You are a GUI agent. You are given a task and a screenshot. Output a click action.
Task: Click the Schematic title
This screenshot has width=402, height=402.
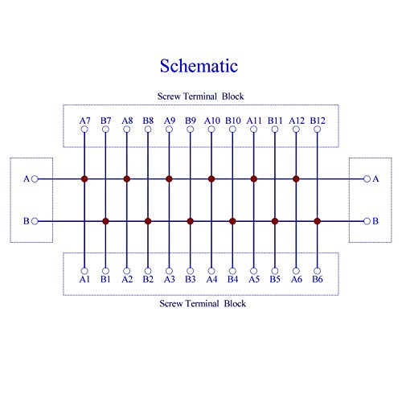199,66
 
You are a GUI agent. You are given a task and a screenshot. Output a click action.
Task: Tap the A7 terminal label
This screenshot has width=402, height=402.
84,121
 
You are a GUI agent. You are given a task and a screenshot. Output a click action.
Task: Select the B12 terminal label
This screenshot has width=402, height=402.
318,121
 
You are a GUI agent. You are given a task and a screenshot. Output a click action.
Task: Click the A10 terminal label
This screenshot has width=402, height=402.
212,121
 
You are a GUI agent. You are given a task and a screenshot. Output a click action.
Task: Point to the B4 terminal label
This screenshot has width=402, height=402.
232,279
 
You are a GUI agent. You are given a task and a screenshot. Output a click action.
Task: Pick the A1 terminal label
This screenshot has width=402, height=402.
84,279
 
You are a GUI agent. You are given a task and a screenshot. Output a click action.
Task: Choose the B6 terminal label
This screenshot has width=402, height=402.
318,279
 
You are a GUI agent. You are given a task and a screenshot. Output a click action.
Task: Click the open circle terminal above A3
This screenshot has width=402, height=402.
169,271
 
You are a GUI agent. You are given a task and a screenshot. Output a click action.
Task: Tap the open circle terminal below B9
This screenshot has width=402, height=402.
191,129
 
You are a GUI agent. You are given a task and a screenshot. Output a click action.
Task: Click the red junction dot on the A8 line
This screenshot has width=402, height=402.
127,178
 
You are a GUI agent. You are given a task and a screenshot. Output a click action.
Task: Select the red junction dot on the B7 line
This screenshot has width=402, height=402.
105,221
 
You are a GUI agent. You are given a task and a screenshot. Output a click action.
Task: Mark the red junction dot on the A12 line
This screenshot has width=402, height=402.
296,178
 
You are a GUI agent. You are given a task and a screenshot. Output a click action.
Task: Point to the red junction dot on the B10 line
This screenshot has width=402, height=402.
232,221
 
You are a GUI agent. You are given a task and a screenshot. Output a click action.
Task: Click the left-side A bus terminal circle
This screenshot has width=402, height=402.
35,178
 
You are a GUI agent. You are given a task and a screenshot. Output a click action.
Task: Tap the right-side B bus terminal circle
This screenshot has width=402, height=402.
367,221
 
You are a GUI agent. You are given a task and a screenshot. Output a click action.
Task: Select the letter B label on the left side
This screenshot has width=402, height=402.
27,221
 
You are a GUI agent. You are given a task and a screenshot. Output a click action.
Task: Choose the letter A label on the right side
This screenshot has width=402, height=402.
375,178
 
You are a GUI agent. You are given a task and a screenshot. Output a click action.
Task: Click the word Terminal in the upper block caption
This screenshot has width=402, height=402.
200,96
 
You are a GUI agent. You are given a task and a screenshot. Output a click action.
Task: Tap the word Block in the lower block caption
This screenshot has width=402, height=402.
235,303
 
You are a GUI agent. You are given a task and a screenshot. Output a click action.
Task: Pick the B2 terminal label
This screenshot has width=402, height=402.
148,279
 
